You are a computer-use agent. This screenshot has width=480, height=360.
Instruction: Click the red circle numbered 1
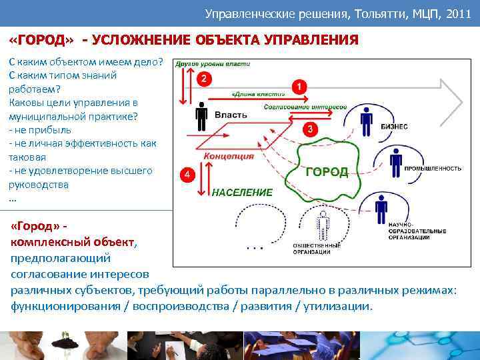(x=300, y=87)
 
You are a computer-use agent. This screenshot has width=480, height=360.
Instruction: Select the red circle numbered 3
(x=309, y=129)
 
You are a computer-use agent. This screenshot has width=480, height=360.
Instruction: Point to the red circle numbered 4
(x=189, y=175)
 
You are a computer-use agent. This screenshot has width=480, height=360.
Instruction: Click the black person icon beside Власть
(x=201, y=117)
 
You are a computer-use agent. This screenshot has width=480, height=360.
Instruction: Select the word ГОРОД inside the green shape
(x=327, y=172)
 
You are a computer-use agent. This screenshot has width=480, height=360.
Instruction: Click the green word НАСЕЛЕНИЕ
(x=242, y=192)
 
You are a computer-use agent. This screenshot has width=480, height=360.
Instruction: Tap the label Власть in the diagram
(x=231, y=115)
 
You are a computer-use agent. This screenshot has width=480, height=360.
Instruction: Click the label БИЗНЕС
(x=394, y=127)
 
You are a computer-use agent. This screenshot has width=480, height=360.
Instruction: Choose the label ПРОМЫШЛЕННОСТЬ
(x=433, y=169)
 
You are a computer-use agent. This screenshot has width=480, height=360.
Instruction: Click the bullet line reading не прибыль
(x=36, y=130)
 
